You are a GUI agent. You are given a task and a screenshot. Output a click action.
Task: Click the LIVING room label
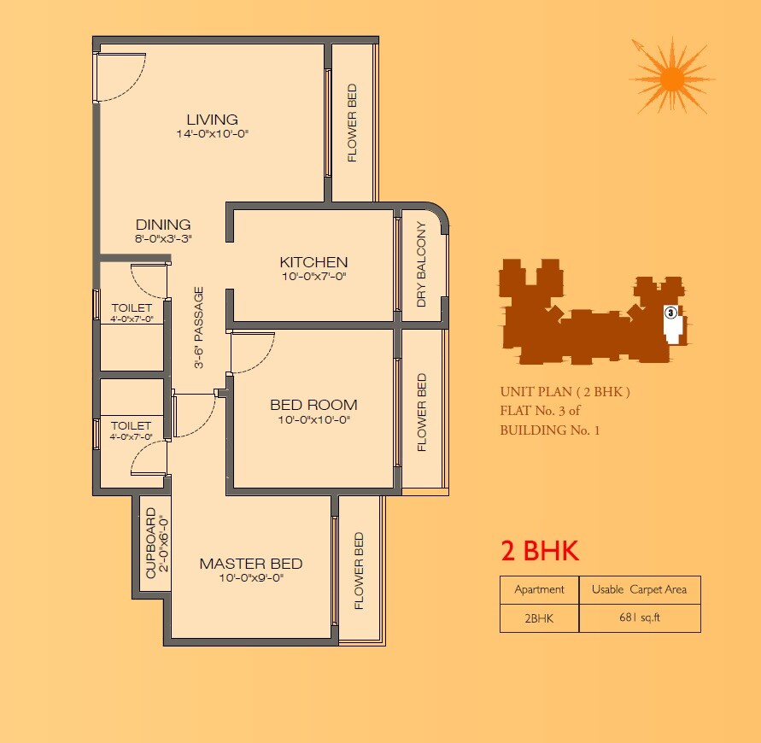coord(212,120)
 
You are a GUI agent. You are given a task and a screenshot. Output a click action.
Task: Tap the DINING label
coord(163,225)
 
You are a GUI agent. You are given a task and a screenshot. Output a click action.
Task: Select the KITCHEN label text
coord(313,262)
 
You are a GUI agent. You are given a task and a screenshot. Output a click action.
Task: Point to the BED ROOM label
coord(313,405)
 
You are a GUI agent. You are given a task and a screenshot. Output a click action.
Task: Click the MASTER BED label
coord(250,564)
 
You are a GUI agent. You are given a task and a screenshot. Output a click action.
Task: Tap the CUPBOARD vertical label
coord(150,544)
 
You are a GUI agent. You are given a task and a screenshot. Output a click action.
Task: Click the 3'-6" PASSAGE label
coord(199,327)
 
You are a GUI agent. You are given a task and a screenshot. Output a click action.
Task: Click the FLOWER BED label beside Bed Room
coord(421,412)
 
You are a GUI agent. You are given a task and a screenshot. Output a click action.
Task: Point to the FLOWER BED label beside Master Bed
coord(359,571)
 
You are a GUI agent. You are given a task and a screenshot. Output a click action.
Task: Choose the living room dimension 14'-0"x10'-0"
coord(212,134)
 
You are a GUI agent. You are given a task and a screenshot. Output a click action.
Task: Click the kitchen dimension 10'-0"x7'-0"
coord(313,277)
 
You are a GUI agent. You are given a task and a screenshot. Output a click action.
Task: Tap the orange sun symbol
coord(672,79)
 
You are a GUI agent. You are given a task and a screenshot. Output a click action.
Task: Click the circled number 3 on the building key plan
coord(671,313)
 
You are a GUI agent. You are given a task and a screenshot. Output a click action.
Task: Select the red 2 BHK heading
coord(540,552)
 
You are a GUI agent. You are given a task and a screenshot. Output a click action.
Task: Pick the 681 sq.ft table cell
coord(640,618)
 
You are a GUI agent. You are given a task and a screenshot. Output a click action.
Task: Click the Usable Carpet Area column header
coord(640,589)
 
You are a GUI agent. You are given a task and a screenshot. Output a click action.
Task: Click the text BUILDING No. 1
coord(550,430)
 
